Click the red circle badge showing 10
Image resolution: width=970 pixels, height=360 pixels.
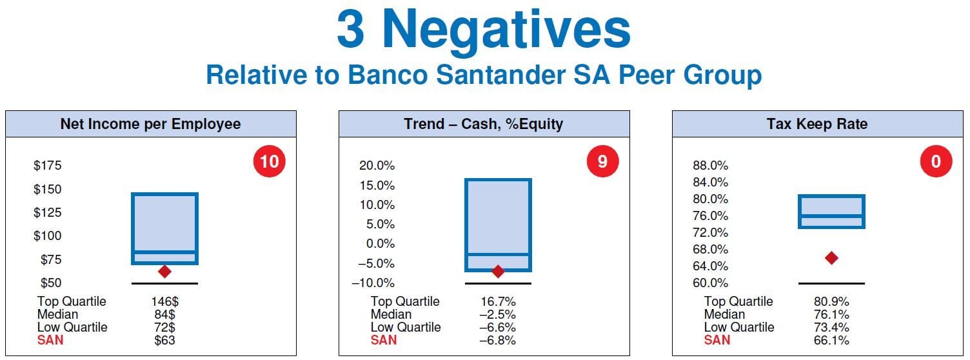click(x=270, y=161)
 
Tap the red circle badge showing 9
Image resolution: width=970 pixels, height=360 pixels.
click(x=603, y=161)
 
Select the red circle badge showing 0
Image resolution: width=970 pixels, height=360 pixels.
click(x=936, y=161)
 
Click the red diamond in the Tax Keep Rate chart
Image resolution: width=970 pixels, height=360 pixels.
click(x=831, y=258)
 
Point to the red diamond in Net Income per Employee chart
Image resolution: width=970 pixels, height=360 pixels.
click(x=164, y=272)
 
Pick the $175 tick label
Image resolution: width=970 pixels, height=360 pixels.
click(x=48, y=166)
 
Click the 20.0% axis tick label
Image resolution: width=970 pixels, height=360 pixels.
click(x=377, y=166)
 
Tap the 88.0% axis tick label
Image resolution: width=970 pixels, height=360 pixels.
click(x=710, y=166)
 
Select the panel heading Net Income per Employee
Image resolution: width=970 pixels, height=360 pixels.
click(x=150, y=124)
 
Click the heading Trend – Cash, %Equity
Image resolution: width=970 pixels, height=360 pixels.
click(x=484, y=124)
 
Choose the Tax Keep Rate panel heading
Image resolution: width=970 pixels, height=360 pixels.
click(x=817, y=124)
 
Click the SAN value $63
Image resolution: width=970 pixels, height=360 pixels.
click(x=164, y=340)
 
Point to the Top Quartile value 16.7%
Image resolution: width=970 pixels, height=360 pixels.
click(x=498, y=301)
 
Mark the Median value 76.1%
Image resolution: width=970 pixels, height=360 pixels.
click(x=831, y=314)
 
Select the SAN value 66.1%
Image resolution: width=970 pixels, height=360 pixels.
click(x=831, y=340)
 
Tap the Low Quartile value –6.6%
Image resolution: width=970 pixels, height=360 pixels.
click(x=498, y=328)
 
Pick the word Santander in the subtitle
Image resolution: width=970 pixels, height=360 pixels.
click(x=501, y=74)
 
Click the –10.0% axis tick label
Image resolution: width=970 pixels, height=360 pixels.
click(x=373, y=283)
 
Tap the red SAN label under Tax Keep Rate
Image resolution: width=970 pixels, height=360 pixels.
click(x=717, y=340)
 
